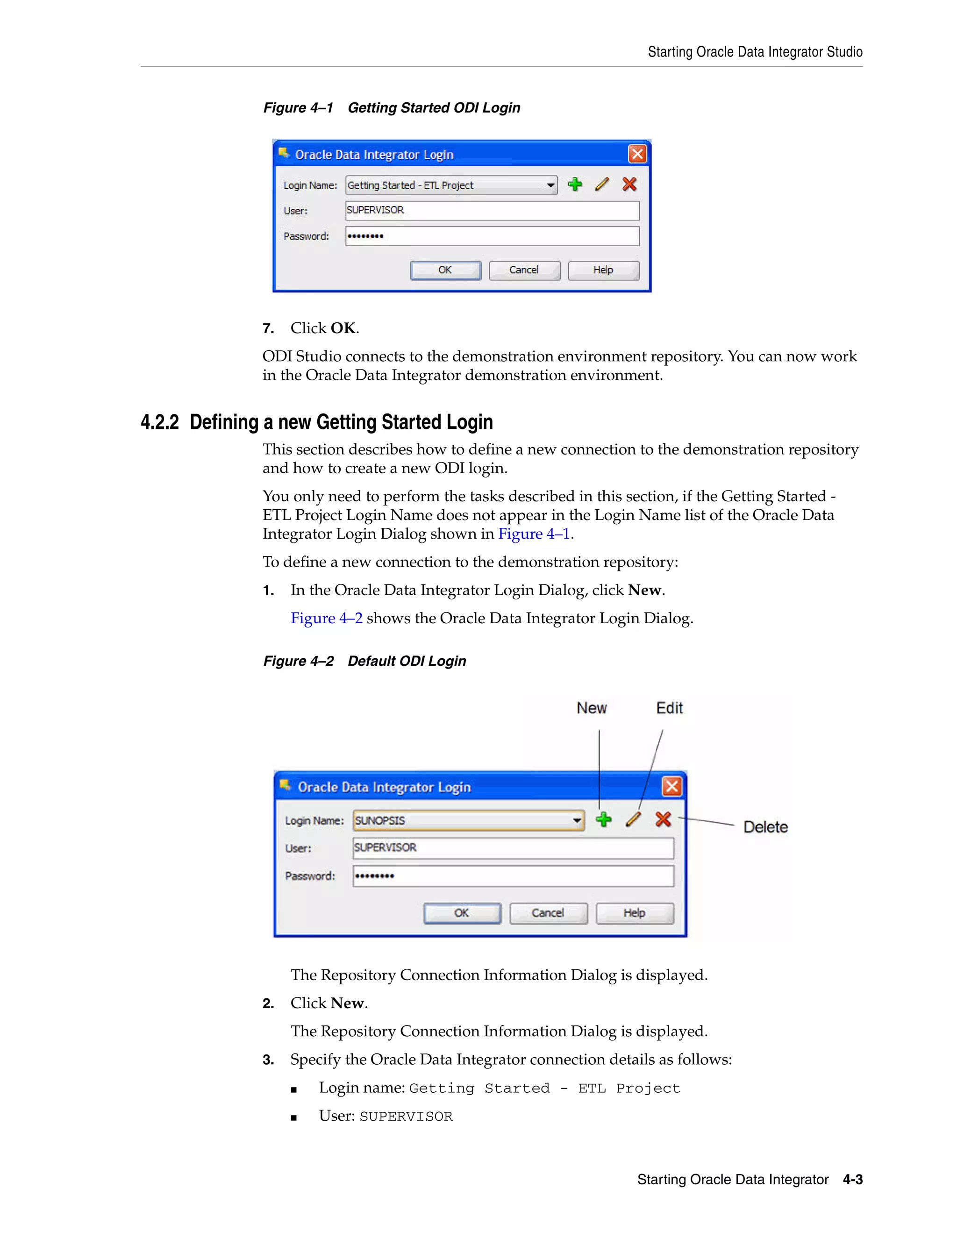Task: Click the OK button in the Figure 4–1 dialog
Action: coord(445,270)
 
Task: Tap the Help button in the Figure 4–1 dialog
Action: coord(603,270)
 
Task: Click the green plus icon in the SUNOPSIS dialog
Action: coord(604,819)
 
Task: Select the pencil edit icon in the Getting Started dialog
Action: coord(602,184)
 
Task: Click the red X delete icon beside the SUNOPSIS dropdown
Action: coord(663,819)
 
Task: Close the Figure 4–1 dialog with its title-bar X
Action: coord(637,154)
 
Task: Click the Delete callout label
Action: coord(765,827)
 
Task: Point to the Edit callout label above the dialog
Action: coord(669,708)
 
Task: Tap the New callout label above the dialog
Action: coord(591,708)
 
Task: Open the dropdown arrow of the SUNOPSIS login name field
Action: coord(577,820)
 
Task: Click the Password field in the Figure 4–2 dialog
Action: coord(513,876)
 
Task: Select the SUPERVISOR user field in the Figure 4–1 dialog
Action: coord(492,210)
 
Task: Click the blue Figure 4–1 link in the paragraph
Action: coord(534,534)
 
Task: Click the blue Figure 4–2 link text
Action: coord(327,619)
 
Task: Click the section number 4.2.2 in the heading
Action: coord(159,422)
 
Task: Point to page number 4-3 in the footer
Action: coord(852,1180)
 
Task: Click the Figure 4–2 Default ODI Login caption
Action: coord(364,661)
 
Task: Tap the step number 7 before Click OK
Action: coord(268,329)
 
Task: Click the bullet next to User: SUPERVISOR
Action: coord(293,1118)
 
